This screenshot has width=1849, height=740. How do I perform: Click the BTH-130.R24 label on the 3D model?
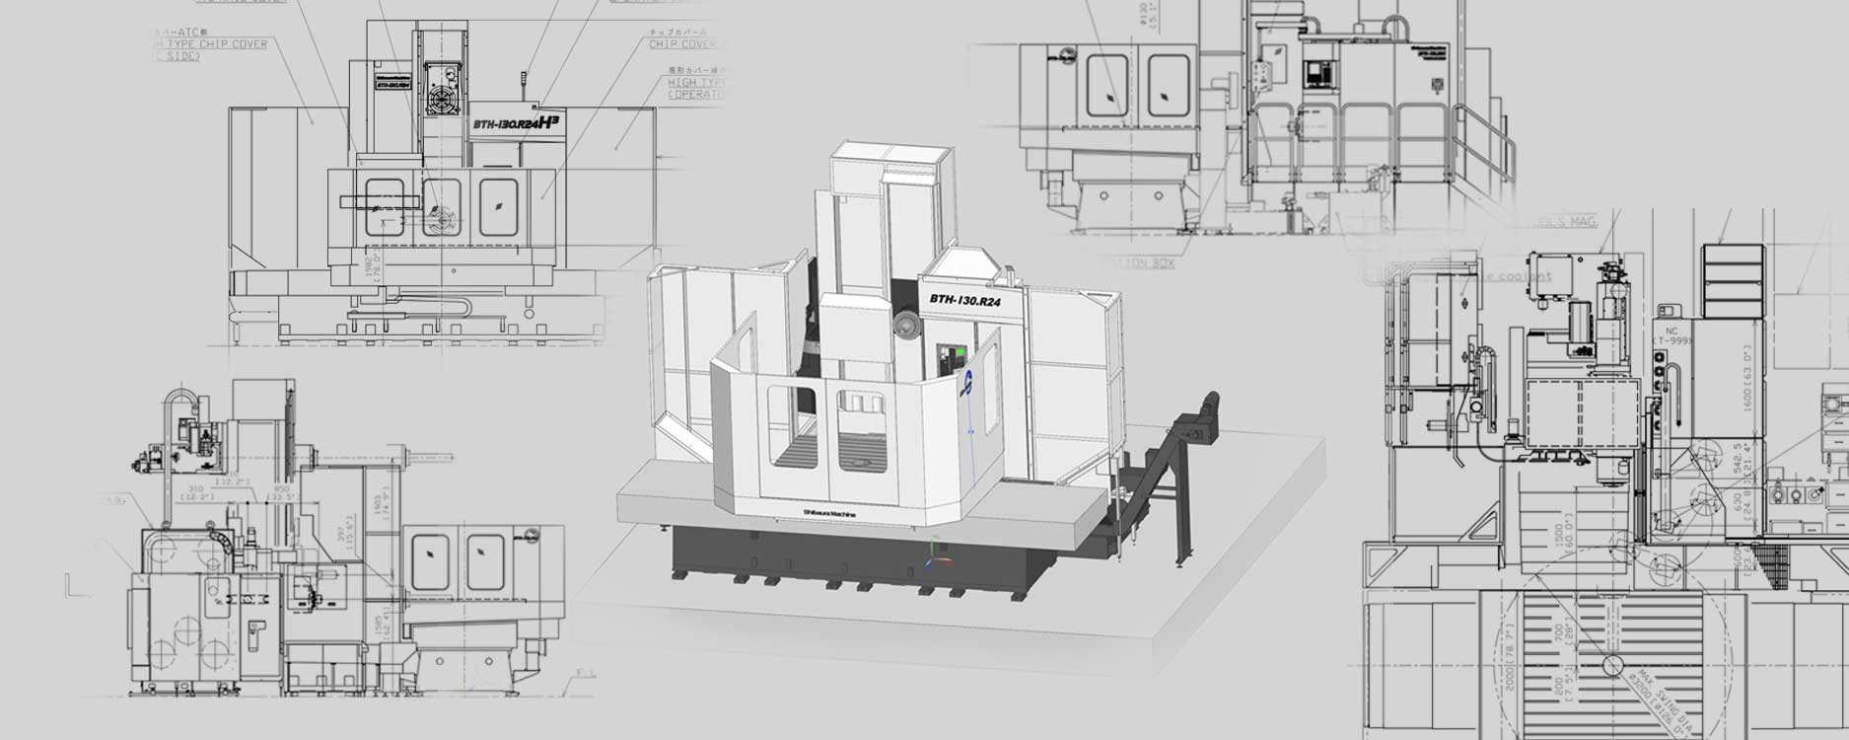click(964, 300)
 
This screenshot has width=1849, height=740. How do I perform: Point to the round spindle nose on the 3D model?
click(903, 327)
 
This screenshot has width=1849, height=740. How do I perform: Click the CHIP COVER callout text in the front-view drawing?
click(682, 44)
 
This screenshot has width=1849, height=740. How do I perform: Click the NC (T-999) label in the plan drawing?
click(1671, 335)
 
